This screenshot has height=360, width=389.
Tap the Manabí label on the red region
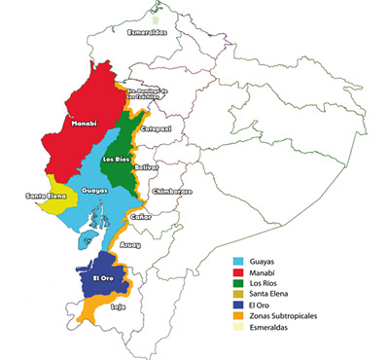(83, 124)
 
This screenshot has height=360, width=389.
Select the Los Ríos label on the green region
(115, 158)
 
